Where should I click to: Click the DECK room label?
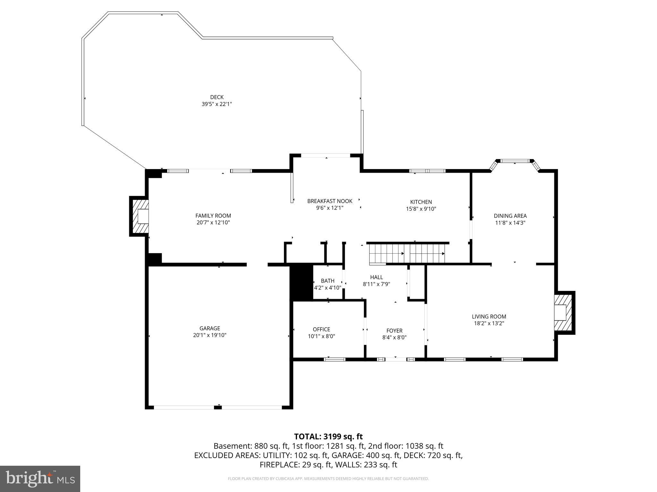point(217,97)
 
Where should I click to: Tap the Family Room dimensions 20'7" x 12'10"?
point(213,223)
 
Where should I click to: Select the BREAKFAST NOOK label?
point(330,201)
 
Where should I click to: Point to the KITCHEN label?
point(421,202)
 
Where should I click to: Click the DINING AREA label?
point(510,216)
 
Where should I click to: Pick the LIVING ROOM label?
point(489,316)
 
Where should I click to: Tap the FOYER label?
point(394,331)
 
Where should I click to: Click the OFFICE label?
point(321,329)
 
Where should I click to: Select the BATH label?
point(328,281)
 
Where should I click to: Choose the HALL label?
point(376,277)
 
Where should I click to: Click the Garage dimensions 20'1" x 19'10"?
point(210,335)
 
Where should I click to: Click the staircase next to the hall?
point(407,253)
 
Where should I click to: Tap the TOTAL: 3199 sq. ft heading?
point(328,437)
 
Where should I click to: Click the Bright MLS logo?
point(40,479)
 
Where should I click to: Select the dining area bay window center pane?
point(515,161)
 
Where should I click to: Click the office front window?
point(335,359)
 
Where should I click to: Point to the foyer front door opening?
point(396,359)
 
